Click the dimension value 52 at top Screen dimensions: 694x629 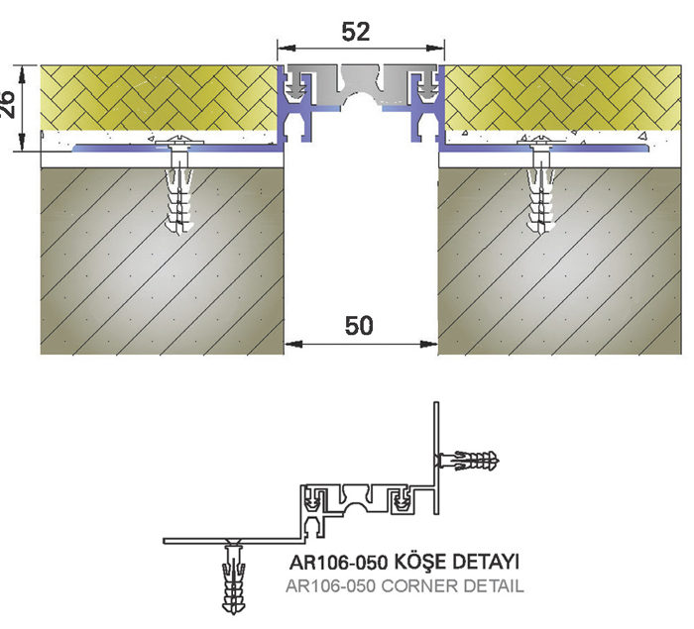pyautogui.click(x=355, y=32)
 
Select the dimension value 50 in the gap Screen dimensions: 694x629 pyautogui.click(x=359, y=326)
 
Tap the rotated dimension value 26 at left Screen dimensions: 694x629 pyautogui.click(x=8, y=105)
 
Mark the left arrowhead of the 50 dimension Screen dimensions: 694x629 pyautogui.click(x=293, y=344)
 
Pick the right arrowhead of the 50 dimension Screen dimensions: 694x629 pyautogui.click(x=428, y=344)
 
